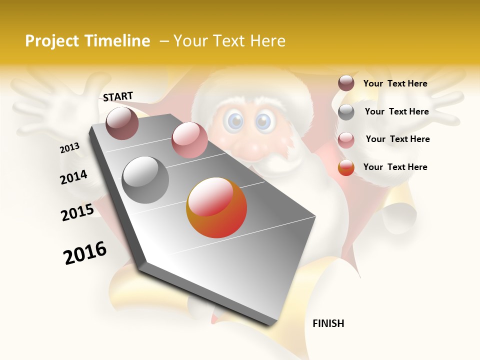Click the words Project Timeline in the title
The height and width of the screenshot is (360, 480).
pos(87,41)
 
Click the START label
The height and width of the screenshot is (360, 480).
pos(118,96)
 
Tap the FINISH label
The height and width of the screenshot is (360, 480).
pos(328,323)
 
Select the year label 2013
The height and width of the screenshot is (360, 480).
pos(69,148)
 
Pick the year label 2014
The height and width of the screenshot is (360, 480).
pos(73,177)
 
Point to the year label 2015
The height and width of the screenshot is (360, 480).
pos(77,212)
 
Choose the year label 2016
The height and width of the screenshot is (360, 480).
pos(85,253)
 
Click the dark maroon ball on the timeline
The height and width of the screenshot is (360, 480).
pos(122,123)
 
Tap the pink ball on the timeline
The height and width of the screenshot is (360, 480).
pos(189,140)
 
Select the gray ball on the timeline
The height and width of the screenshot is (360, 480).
pos(145,180)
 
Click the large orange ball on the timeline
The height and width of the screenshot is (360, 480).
pos(216,207)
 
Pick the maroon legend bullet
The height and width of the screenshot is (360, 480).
pos(346,83)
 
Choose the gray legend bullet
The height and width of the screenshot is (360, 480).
pos(346,112)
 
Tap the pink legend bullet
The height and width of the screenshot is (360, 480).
pos(346,140)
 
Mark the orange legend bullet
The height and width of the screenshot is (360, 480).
pos(346,168)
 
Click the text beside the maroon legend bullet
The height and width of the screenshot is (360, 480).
pos(395,83)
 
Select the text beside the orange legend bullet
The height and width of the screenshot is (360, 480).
pos(395,167)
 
